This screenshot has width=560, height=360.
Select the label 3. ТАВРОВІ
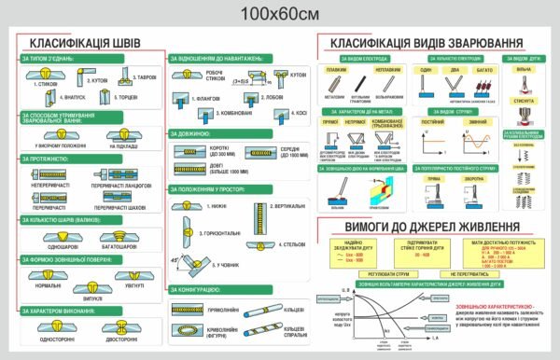[x=147, y=77]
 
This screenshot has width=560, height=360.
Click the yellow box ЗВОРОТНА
[x=474, y=178]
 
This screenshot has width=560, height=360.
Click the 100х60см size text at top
[x=279, y=12]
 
